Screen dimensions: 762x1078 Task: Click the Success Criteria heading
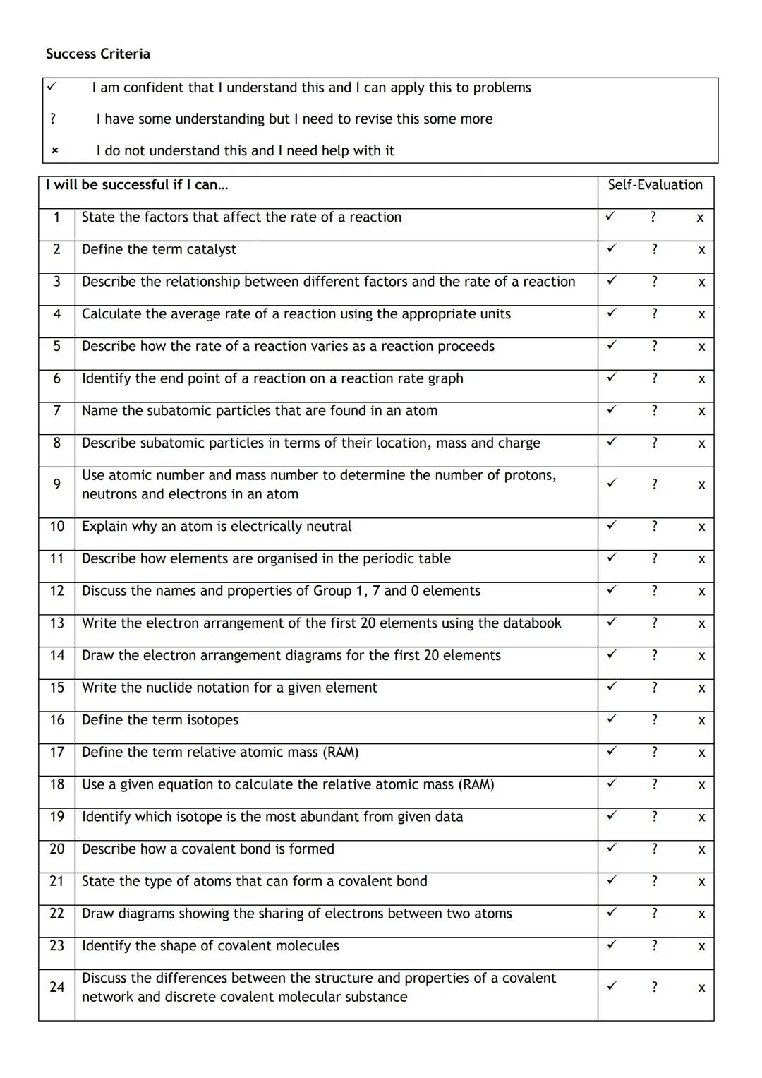coord(97,54)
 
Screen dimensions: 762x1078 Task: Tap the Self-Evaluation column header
coord(655,185)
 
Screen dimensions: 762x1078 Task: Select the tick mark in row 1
coord(611,216)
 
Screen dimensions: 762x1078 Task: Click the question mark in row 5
coord(654,346)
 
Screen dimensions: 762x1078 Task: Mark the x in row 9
coord(701,485)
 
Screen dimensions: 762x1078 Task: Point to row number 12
coord(56,591)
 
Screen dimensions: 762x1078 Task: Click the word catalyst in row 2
coord(210,249)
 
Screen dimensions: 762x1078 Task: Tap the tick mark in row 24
coord(611,986)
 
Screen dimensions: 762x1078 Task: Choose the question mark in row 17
coord(654,752)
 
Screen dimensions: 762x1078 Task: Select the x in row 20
coord(701,850)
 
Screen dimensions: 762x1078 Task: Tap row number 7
coord(56,411)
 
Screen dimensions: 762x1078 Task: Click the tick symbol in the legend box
coord(52,87)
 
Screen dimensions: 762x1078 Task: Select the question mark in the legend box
coord(53,119)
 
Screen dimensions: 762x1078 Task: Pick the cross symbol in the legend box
coord(54,150)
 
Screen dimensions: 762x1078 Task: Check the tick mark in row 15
coord(611,686)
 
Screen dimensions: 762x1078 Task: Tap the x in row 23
coord(701,947)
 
